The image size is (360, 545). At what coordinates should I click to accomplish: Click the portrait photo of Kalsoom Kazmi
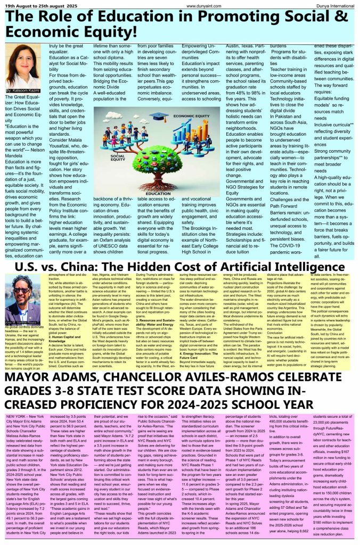pos(22,67)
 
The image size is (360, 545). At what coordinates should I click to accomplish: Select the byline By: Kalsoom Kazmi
pos(24,92)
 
